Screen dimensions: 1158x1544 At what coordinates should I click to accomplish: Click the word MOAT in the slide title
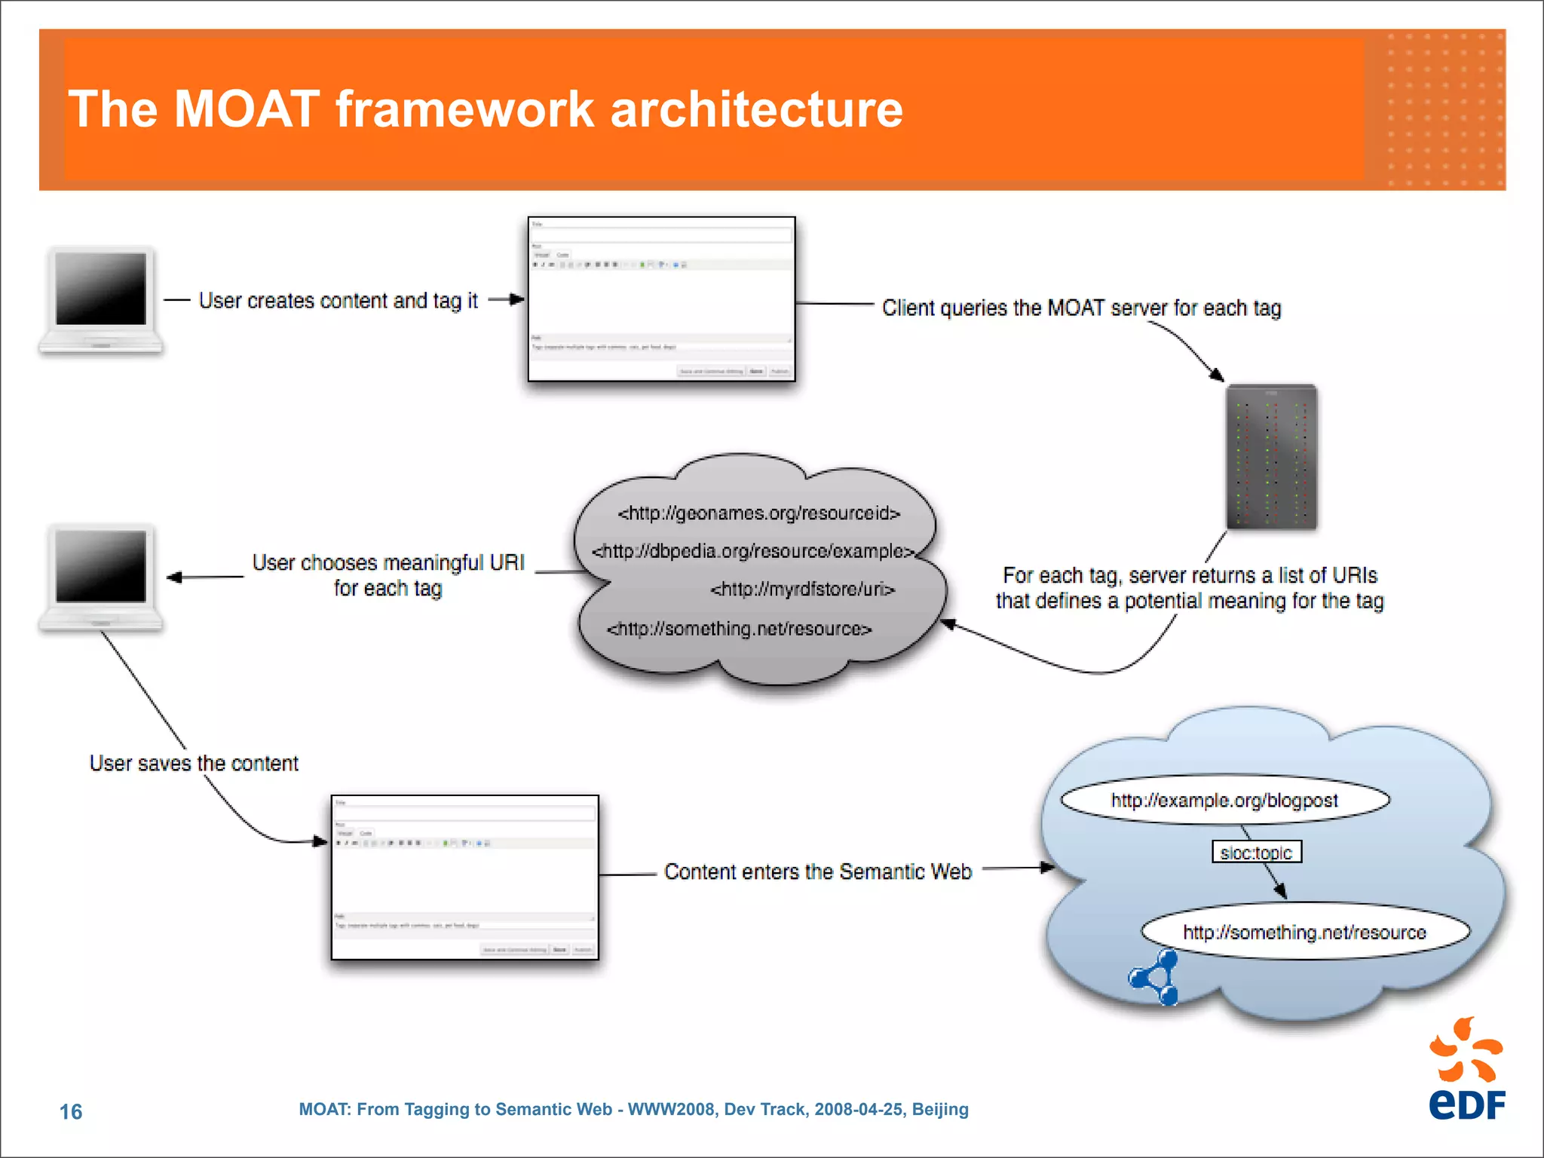pos(246,110)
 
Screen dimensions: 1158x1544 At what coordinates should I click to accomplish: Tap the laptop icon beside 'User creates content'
pos(100,299)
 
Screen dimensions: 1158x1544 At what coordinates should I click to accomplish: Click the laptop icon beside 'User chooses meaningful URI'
pos(100,577)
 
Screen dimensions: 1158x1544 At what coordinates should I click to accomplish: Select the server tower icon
pos(1271,457)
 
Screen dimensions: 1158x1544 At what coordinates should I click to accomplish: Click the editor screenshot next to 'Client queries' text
pos(661,299)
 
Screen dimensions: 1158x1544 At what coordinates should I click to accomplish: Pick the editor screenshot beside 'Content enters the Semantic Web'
pos(464,878)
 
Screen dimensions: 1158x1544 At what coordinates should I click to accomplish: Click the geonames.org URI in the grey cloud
pos(758,513)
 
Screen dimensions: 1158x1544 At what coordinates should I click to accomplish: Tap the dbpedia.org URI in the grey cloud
pos(752,551)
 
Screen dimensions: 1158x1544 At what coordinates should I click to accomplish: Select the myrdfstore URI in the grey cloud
pos(802,589)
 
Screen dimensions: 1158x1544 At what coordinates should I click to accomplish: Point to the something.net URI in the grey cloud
pos(739,629)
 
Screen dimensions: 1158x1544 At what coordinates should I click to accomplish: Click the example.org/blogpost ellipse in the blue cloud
pos(1224,800)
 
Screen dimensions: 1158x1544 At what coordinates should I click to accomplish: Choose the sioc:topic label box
pos(1256,852)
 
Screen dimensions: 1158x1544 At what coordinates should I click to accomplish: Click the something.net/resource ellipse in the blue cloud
pos(1304,933)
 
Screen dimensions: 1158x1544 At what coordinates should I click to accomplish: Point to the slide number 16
pos(71,1111)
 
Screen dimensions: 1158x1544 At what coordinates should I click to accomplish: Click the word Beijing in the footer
pos(940,1109)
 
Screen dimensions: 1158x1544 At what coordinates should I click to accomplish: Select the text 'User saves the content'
pos(194,764)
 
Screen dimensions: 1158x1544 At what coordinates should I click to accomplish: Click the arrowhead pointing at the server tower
pos(1216,375)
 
